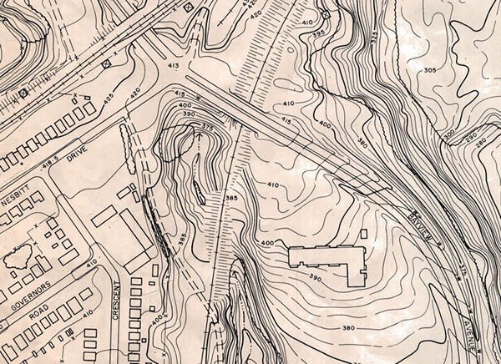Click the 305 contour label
click(x=429, y=71)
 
